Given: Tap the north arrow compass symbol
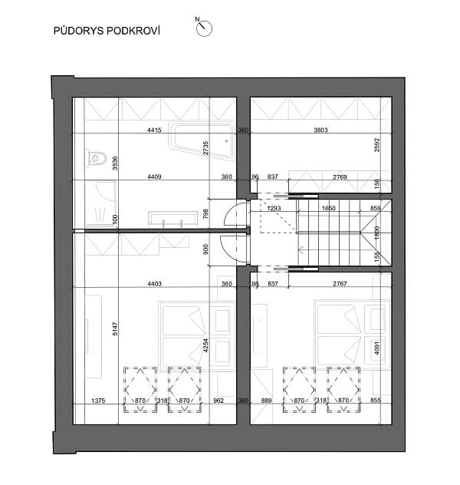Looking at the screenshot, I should pyautogui.click(x=204, y=28).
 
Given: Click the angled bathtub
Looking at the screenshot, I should pyautogui.click(x=202, y=140).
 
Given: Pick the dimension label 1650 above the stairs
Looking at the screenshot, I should pyautogui.click(x=329, y=209).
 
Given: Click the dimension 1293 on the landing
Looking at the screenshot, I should pyautogui.click(x=274, y=209).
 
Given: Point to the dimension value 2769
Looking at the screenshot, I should pyautogui.click(x=340, y=178).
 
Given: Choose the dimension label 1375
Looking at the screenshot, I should pyautogui.click(x=97, y=401).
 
